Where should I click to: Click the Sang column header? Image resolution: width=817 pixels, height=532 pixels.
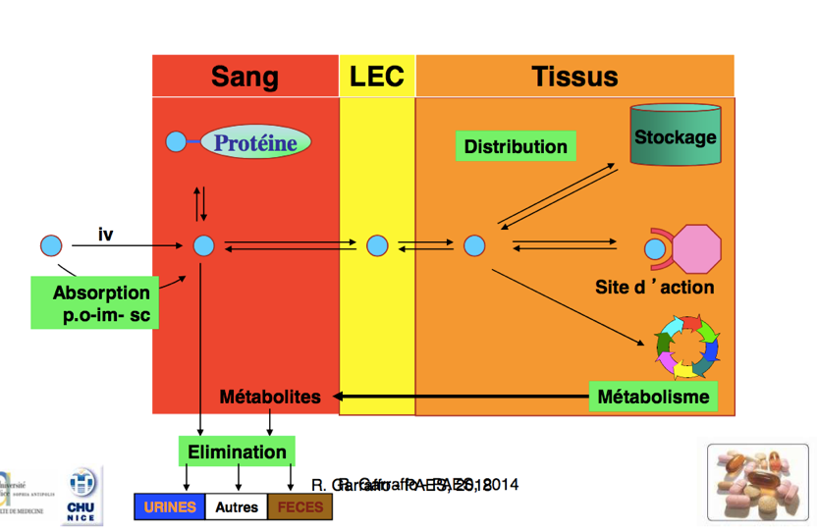tap(245, 77)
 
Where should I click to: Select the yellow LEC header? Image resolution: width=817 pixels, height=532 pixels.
tap(377, 77)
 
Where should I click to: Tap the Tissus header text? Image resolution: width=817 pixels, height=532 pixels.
tap(574, 77)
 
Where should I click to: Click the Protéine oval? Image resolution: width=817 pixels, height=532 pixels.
tap(255, 143)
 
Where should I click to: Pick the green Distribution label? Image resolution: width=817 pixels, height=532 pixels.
tap(516, 147)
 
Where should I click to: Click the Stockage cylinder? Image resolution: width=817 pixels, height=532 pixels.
tap(676, 136)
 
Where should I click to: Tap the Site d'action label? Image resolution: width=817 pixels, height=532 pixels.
tap(654, 288)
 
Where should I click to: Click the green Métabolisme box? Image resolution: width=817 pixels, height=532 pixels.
tap(653, 397)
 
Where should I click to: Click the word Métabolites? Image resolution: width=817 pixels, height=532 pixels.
tap(270, 398)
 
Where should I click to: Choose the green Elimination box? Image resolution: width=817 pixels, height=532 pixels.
tap(237, 452)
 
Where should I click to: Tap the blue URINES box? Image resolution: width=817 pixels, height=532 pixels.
tap(169, 507)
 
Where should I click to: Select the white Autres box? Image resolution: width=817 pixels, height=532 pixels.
tap(237, 507)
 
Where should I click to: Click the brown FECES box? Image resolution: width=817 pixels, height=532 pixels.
tap(300, 507)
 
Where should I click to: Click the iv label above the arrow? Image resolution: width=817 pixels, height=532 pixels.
tap(106, 235)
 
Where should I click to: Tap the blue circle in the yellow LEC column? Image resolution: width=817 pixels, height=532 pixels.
tap(377, 245)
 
